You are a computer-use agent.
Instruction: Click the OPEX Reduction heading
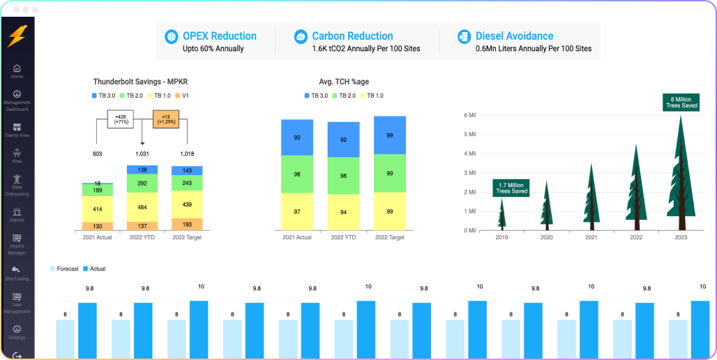click(219, 36)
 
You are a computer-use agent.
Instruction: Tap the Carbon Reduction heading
click(352, 36)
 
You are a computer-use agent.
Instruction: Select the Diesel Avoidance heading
click(514, 36)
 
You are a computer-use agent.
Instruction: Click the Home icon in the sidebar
click(17, 68)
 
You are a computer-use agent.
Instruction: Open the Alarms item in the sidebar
click(17, 211)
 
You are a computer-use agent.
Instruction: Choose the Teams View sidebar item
click(17, 128)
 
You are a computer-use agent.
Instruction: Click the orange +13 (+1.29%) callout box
click(165, 119)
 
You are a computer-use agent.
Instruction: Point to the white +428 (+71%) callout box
click(120, 119)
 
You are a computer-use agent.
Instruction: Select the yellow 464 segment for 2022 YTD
click(142, 207)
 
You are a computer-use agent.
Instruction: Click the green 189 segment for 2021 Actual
click(97, 190)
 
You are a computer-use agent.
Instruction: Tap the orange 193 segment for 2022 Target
click(187, 225)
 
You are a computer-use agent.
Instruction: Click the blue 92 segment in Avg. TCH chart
click(344, 140)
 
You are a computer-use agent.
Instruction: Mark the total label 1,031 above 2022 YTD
click(142, 153)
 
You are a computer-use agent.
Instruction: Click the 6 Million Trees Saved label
click(681, 103)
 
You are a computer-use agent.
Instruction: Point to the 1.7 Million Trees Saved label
click(511, 187)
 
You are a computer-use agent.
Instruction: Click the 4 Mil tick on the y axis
click(469, 153)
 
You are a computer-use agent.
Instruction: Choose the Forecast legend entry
click(66, 269)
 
